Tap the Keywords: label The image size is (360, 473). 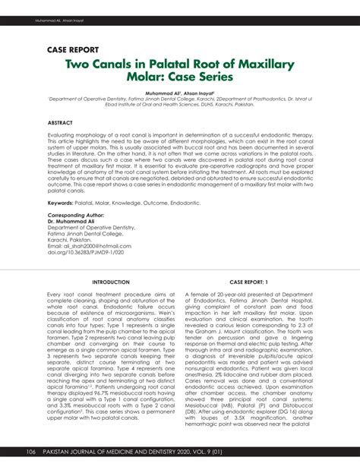coord(65,202)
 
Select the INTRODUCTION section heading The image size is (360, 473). coord(110,282)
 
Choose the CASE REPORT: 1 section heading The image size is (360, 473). coord(244,282)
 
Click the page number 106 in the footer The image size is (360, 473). coord(31,453)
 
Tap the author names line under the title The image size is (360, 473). coord(180,90)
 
